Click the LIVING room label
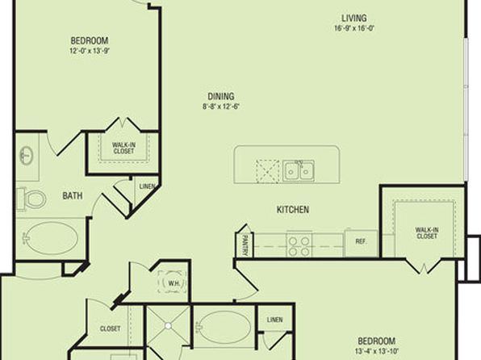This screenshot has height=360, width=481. click(x=354, y=18)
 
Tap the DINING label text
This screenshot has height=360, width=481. click(x=221, y=96)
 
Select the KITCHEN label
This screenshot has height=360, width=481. click(x=293, y=210)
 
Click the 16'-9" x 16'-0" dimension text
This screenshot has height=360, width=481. click(x=354, y=28)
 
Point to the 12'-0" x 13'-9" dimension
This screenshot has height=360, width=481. click(x=90, y=51)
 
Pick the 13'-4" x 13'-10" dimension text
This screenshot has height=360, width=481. click(x=377, y=351)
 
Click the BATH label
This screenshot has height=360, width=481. click(x=73, y=196)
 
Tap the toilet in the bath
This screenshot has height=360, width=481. click(x=31, y=199)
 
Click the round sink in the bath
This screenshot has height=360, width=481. click(x=27, y=155)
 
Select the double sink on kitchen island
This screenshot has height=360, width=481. click(x=298, y=170)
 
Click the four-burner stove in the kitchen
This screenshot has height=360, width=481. click(x=299, y=244)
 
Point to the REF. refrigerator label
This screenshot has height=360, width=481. click(x=361, y=241)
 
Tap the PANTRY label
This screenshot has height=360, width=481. click(x=245, y=245)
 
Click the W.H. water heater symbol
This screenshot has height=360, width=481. click(x=172, y=283)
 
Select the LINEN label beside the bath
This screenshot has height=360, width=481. click(x=147, y=186)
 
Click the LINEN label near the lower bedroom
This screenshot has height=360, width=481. click(x=275, y=320)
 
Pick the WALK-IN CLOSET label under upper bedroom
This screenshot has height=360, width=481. click(x=123, y=148)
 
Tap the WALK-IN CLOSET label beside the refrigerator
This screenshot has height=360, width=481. click(x=427, y=233)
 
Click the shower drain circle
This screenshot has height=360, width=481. click(x=168, y=325)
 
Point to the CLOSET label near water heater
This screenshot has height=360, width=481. click(x=110, y=329)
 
